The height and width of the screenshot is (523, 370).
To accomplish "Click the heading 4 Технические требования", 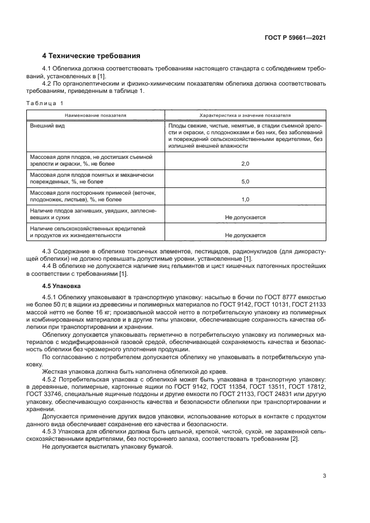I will [91, 55].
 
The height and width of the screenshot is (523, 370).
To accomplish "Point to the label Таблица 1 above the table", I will [45, 103].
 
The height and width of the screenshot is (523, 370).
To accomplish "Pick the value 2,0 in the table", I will [245, 164].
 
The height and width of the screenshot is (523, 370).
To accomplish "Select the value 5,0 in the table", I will [245, 181].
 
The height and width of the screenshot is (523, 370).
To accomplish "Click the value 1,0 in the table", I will [245, 199].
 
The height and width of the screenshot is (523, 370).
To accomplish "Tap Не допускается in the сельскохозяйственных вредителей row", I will [245, 235].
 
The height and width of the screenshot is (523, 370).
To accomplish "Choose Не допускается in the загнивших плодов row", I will [245, 217].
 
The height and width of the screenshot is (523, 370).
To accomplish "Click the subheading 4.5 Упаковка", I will [62, 285].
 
